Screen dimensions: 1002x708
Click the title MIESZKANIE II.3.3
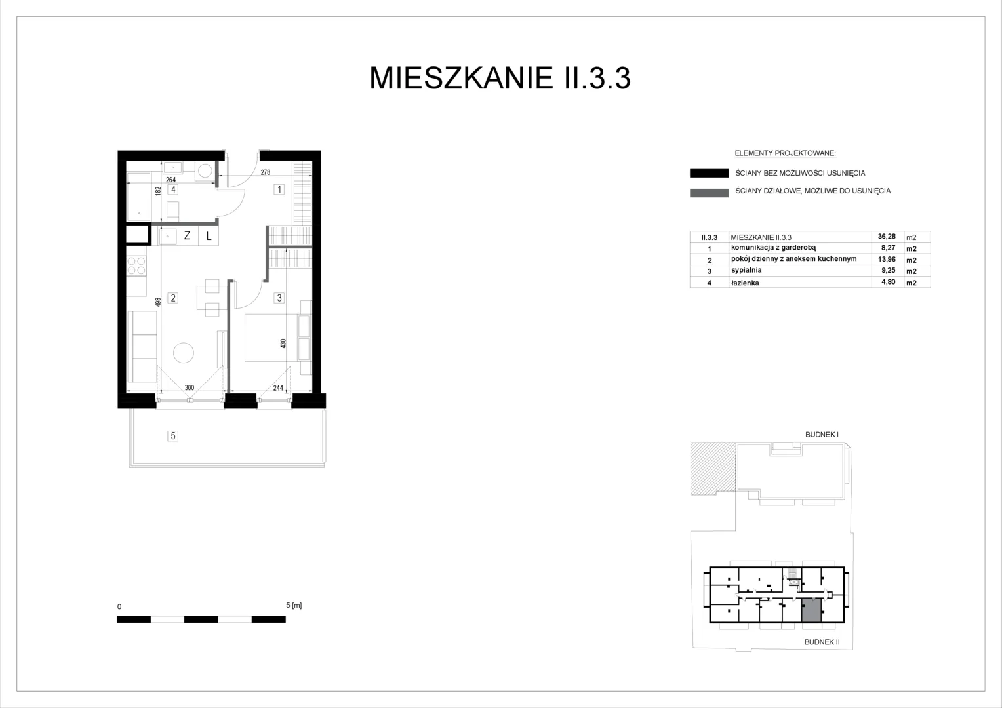(500, 78)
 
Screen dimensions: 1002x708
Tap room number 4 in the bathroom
(173, 189)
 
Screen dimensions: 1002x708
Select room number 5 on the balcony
(173, 436)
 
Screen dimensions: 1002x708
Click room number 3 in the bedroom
(279, 298)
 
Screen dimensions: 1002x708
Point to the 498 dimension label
(158, 302)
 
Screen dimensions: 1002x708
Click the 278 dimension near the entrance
(266, 172)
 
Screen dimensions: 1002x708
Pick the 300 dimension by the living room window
(190, 388)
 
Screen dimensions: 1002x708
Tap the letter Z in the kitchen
(187, 235)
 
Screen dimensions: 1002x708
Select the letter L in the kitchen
(209, 236)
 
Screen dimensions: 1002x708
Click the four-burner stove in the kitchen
(136, 265)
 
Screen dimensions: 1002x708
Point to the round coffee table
(184, 353)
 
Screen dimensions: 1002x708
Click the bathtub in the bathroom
(138, 197)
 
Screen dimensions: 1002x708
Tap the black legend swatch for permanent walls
(709, 173)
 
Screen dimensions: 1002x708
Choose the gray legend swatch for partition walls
(709, 193)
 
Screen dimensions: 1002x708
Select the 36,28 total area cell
(887, 237)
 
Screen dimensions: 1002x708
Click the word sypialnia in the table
(746, 270)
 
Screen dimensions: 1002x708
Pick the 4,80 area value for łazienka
(889, 282)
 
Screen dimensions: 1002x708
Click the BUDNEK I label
(822, 434)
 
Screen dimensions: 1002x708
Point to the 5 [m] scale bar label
(294, 605)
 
